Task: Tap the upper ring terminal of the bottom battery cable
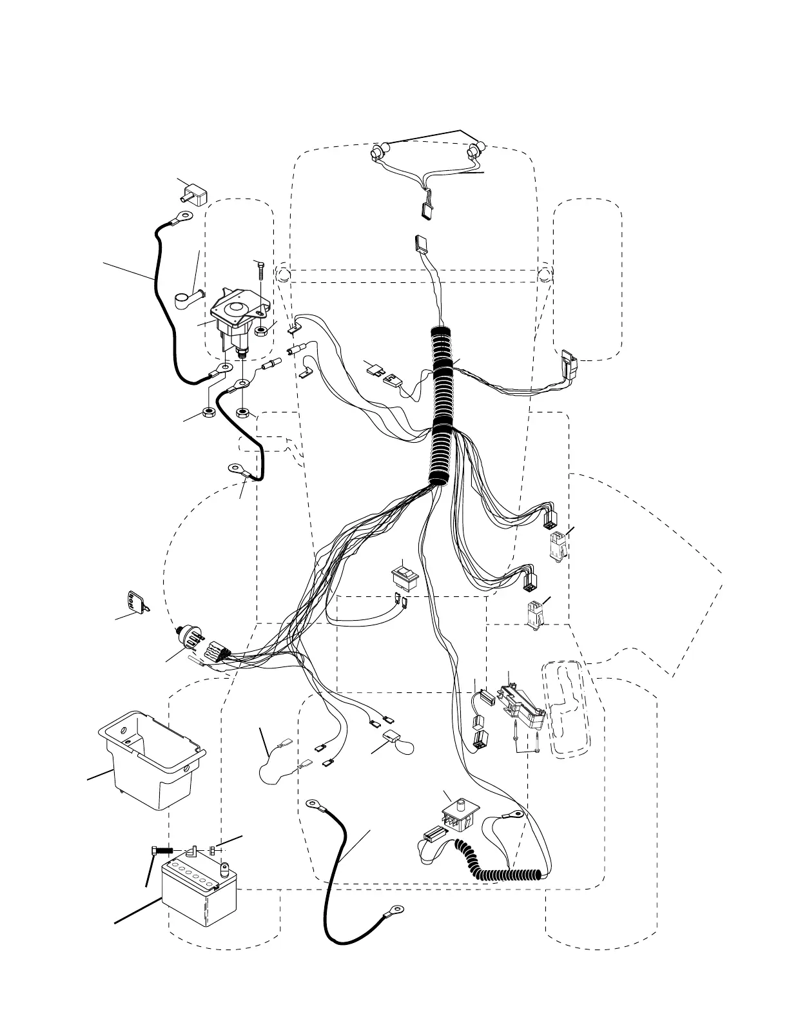coord(315,804)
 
